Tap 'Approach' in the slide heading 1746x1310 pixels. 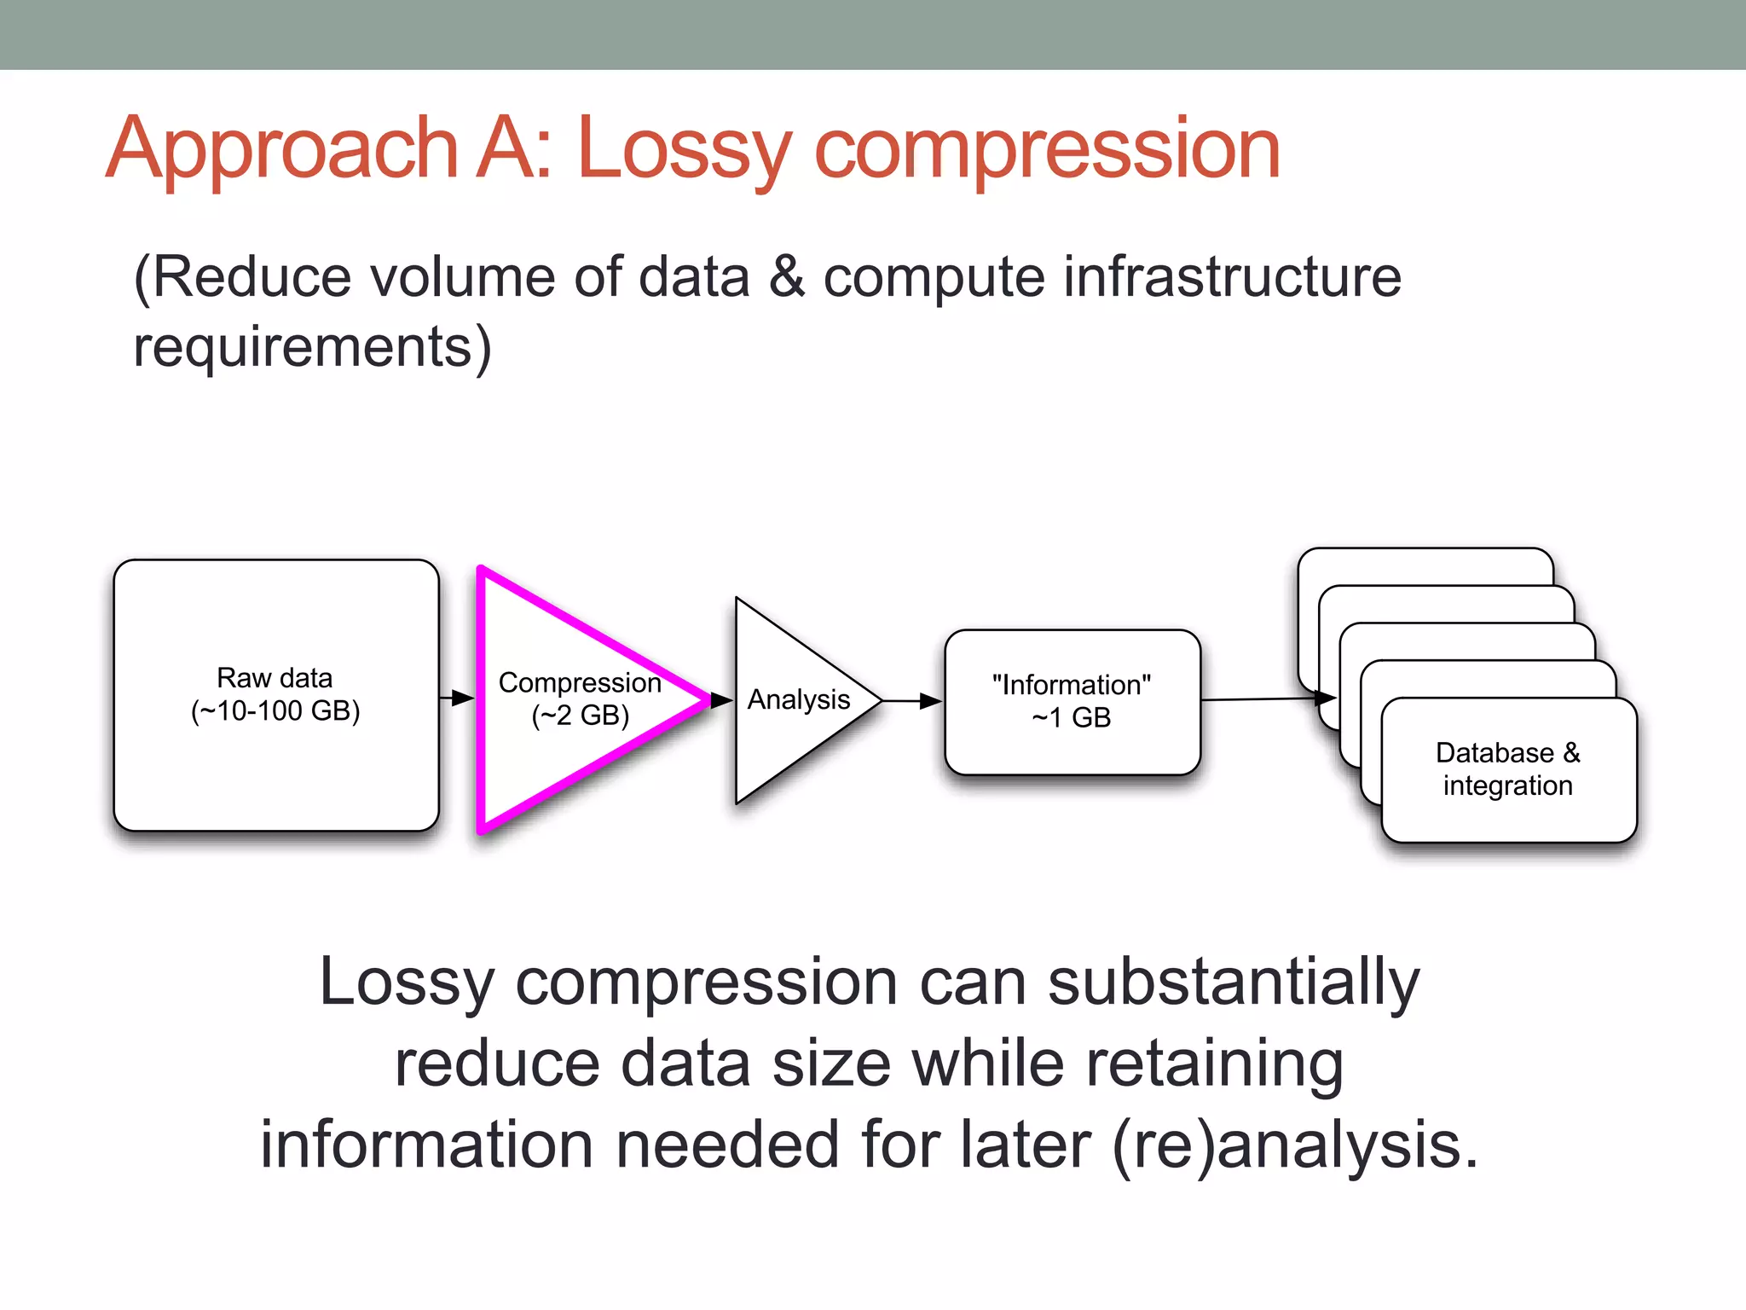[x=281, y=150]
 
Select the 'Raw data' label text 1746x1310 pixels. [x=275, y=678]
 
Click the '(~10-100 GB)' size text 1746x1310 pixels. [x=275, y=710]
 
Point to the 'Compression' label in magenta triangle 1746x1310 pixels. [x=579, y=683]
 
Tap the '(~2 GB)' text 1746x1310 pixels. [x=580, y=716]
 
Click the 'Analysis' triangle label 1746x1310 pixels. [x=798, y=699]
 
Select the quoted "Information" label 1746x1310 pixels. [x=1071, y=685]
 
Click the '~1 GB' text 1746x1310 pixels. [x=1071, y=718]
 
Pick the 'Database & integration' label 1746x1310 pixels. [x=1507, y=769]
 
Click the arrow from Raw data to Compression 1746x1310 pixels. [x=457, y=698]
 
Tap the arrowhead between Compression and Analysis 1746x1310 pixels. [x=721, y=700]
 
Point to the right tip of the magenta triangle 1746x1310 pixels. [x=706, y=700]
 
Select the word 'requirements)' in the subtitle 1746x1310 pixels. [x=312, y=348]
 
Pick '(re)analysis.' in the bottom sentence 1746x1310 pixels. [x=1296, y=1145]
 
